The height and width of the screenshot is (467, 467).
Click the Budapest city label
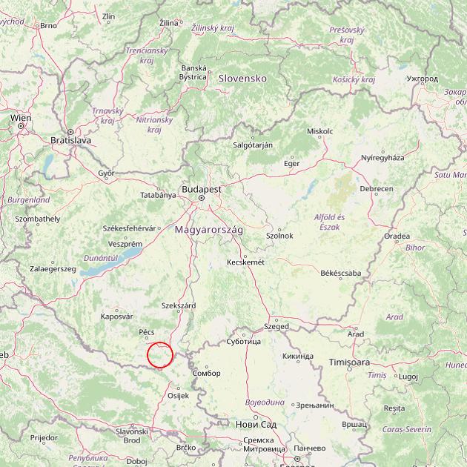coord(200,190)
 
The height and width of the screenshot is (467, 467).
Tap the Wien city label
coord(20,118)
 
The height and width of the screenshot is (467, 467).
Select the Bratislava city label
coord(70,139)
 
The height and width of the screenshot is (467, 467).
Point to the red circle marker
coord(160,355)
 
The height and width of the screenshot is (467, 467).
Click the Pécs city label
coord(146,332)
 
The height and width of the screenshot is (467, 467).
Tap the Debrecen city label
coord(377,189)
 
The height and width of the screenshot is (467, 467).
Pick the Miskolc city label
coord(319,131)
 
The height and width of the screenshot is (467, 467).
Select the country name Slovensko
coord(242,78)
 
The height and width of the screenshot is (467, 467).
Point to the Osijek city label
coord(179,395)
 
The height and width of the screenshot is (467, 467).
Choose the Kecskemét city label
coord(245,262)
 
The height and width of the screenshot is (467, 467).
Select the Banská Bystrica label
coord(193,72)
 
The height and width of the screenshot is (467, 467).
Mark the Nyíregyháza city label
coord(382,158)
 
